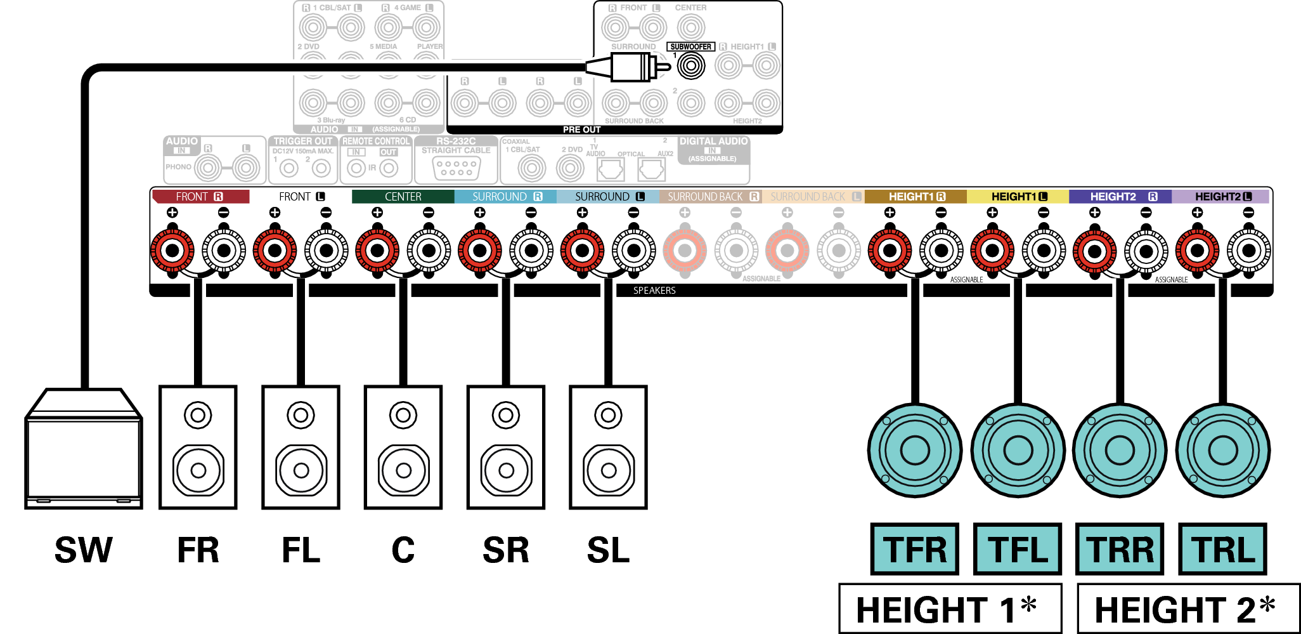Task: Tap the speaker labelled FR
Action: pyautogui.click(x=198, y=447)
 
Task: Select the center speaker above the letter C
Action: pyautogui.click(x=403, y=447)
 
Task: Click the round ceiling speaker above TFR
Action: pyautogui.click(x=915, y=451)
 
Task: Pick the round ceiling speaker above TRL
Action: pyautogui.click(x=1222, y=451)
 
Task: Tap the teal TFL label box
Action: pyautogui.click(x=1018, y=549)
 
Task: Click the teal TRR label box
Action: pyautogui.click(x=1120, y=549)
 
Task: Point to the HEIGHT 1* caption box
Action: pyautogui.click(x=950, y=609)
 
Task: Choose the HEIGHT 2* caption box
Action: pyautogui.click(x=1188, y=609)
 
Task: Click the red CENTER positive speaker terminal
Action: pyautogui.click(x=377, y=251)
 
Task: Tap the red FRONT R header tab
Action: pyautogui.click(x=200, y=197)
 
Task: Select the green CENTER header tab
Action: pyautogui.click(x=403, y=197)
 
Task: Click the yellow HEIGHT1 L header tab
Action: pyautogui.click(x=1018, y=197)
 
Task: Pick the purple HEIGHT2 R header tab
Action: pyautogui.click(x=1120, y=197)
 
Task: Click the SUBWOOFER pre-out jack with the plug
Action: pyautogui.click(x=691, y=65)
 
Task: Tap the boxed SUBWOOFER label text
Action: pyautogui.click(x=690, y=46)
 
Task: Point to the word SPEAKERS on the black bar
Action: pyautogui.click(x=654, y=291)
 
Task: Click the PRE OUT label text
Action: pyautogui.click(x=581, y=129)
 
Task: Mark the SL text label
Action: pyautogui.click(x=608, y=550)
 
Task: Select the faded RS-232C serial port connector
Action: pyautogui.click(x=456, y=168)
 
